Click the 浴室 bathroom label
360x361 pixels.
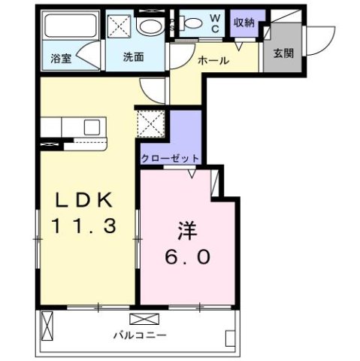61,58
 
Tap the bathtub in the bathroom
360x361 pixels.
68,29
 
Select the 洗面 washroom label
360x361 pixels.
135,58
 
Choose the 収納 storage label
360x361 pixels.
244,22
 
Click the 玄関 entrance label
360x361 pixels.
283,54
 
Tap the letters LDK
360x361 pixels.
83,200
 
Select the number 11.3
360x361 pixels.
83,225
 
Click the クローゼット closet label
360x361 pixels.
171,158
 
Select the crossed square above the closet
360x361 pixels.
150,123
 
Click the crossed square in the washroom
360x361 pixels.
119,26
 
